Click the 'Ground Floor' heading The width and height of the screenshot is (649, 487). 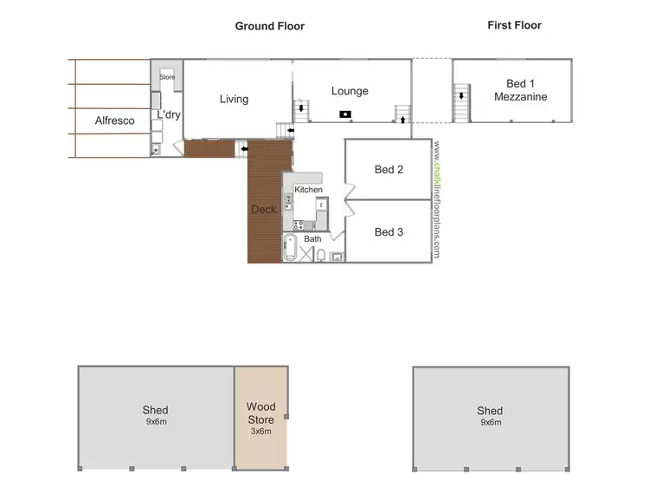[x=269, y=26]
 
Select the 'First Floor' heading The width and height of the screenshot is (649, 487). [x=514, y=25]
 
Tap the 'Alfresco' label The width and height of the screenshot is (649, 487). [x=114, y=120]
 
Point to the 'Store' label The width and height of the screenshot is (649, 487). [x=167, y=77]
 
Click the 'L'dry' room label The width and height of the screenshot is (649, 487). [x=168, y=114]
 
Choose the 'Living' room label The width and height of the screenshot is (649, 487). [x=234, y=99]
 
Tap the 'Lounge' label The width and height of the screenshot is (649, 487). [x=350, y=91]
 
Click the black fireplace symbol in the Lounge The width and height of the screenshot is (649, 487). [x=344, y=114]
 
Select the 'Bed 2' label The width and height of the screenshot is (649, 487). [x=389, y=170]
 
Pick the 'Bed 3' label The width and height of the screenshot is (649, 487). [x=389, y=232]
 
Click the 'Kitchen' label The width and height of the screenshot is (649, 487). [x=308, y=190]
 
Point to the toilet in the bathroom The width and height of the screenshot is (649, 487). [x=321, y=255]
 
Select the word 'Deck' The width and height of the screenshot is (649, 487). [x=263, y=210]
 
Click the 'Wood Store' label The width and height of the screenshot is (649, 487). [x=260, y=412]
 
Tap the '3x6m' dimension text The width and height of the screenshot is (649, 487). [x=260, y=431]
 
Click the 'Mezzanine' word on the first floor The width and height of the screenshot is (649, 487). [x=520, y=97]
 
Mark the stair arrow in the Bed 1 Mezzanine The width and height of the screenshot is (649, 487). [x=462, y=95]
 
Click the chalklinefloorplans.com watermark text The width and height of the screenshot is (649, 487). [x=438, y=200]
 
